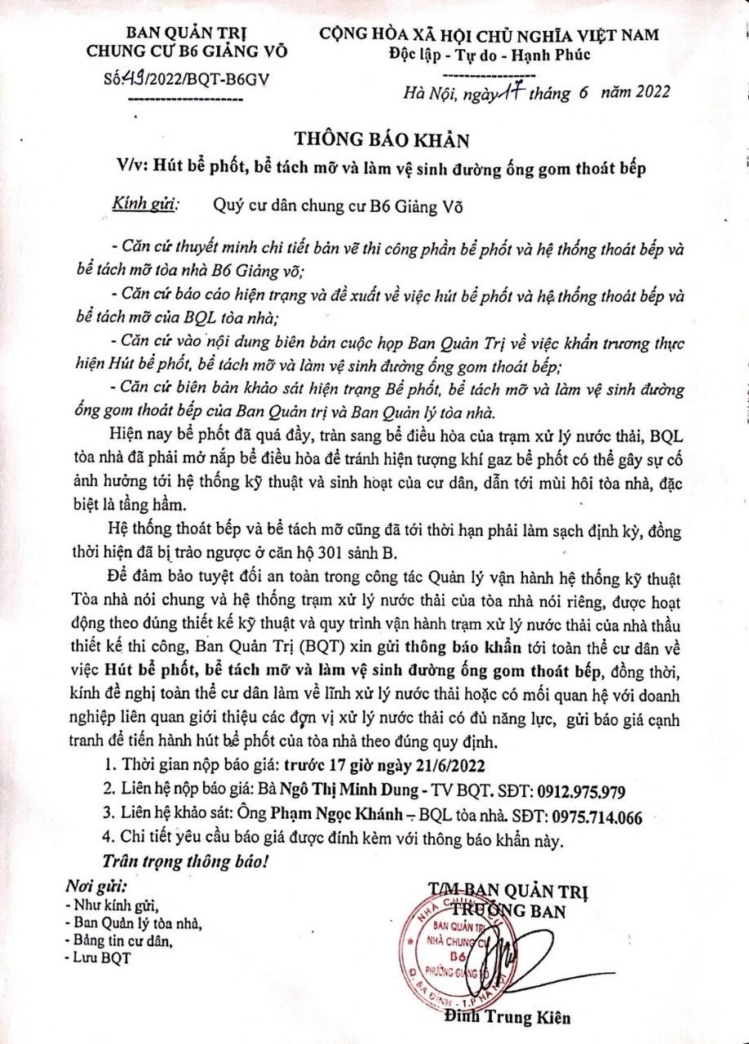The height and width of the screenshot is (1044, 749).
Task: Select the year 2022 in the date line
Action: click(642, 91)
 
